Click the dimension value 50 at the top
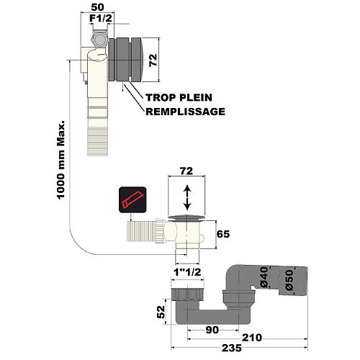point(97,7)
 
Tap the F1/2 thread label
point(101,19)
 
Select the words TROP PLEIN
point(179,97)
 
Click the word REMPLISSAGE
point(186,112)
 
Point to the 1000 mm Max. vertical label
point(61,160)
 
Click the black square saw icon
point(132,199)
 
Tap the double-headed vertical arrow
point(187,198)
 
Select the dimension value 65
point(223,234)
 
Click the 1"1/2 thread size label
point(187,272)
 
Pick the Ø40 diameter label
point(264,277)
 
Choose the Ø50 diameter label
point(289,280)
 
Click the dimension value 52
point(161,312)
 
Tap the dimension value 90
point(212,330)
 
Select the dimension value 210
point(252,338)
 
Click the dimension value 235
point(232,348)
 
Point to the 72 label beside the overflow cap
point(153,60)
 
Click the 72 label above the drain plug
point(186,171)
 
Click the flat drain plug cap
point(186,217)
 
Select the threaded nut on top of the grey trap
point(187,294)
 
